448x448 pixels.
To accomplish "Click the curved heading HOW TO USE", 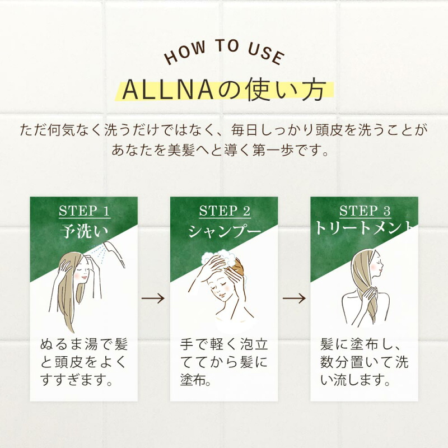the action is pyautogui.click(x=224, y=52).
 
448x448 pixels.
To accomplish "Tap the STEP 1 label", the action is pyautogui.click(x=85, y=211).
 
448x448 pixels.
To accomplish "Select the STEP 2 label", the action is pyautogui.click(x=225, y=211).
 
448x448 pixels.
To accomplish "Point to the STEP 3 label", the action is pyautogui.click(x=365, y=211).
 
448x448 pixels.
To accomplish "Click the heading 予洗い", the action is pyautogui.click(x=84, y=231).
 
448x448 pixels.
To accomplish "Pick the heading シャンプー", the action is pyautogui.click(x=225, y=231).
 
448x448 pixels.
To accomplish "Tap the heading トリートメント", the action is pyautogui.click(x=364, y=228).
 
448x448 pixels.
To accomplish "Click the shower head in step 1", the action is pyautogui.click(x=114, y=254).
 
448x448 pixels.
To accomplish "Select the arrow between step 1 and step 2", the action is pyautogui.click(x=153, y=298).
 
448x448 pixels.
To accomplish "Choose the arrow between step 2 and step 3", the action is pyautogui.click(x=295, y=298).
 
